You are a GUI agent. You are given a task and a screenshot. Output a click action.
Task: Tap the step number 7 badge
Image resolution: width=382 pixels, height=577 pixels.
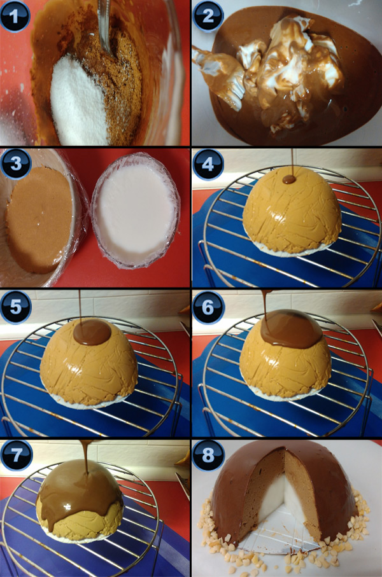[x=15, y=454]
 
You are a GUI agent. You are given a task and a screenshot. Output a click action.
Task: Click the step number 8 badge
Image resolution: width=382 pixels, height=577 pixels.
[x=208, y=454]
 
